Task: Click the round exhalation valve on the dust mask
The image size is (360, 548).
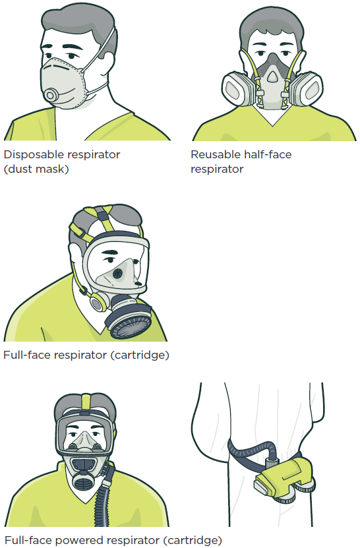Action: pos(51,95)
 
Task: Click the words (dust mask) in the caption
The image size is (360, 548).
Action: pos(36,169)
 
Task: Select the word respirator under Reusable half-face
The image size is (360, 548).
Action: pos(217,169)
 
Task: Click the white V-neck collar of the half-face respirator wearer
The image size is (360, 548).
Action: pos(272,116)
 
